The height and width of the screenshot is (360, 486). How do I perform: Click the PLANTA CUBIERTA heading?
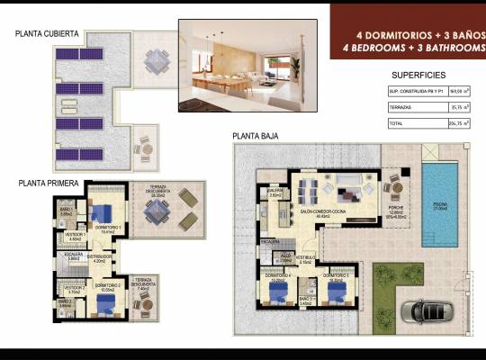point(47,34)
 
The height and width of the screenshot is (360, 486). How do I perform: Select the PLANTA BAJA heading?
point(255,137)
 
